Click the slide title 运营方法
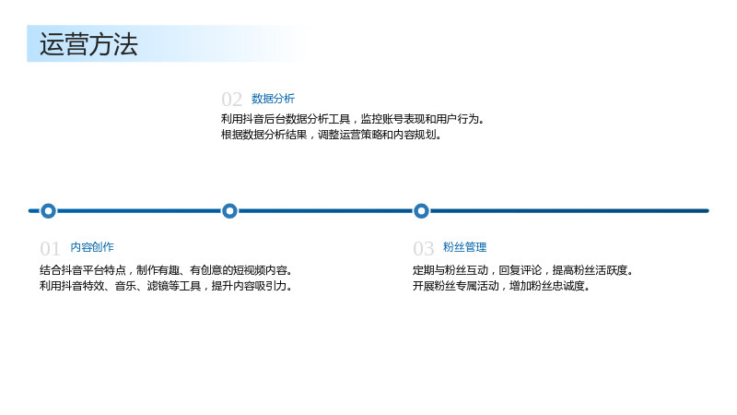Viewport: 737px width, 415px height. click(x=88, y=44)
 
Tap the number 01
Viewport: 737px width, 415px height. click(x=50, y=248)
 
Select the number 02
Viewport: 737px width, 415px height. click(x=231, y=100)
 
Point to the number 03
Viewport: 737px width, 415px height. click(x=423, y=248)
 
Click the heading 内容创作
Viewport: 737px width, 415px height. click(x=92, y=247)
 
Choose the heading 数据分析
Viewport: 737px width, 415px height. click(x=273, y=99)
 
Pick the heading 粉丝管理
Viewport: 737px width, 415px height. click(x=464, y=247)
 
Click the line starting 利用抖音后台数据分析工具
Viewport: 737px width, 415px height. click(x=353, y=119)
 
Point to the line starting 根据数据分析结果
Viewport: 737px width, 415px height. click(x=332, y=135)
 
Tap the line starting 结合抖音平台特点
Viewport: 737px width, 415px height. click(x=166, y=270)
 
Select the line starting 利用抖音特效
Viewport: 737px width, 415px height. click(x=166, y=286)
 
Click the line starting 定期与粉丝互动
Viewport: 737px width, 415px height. click(x=523, y=270)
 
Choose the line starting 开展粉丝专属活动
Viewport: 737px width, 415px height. click(x=501, y=286)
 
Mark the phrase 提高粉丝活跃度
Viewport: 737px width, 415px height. click(x=592, y=270)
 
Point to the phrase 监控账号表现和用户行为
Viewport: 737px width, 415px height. click(x=423, y=119)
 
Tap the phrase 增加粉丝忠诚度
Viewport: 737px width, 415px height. click(x=550, y=286)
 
